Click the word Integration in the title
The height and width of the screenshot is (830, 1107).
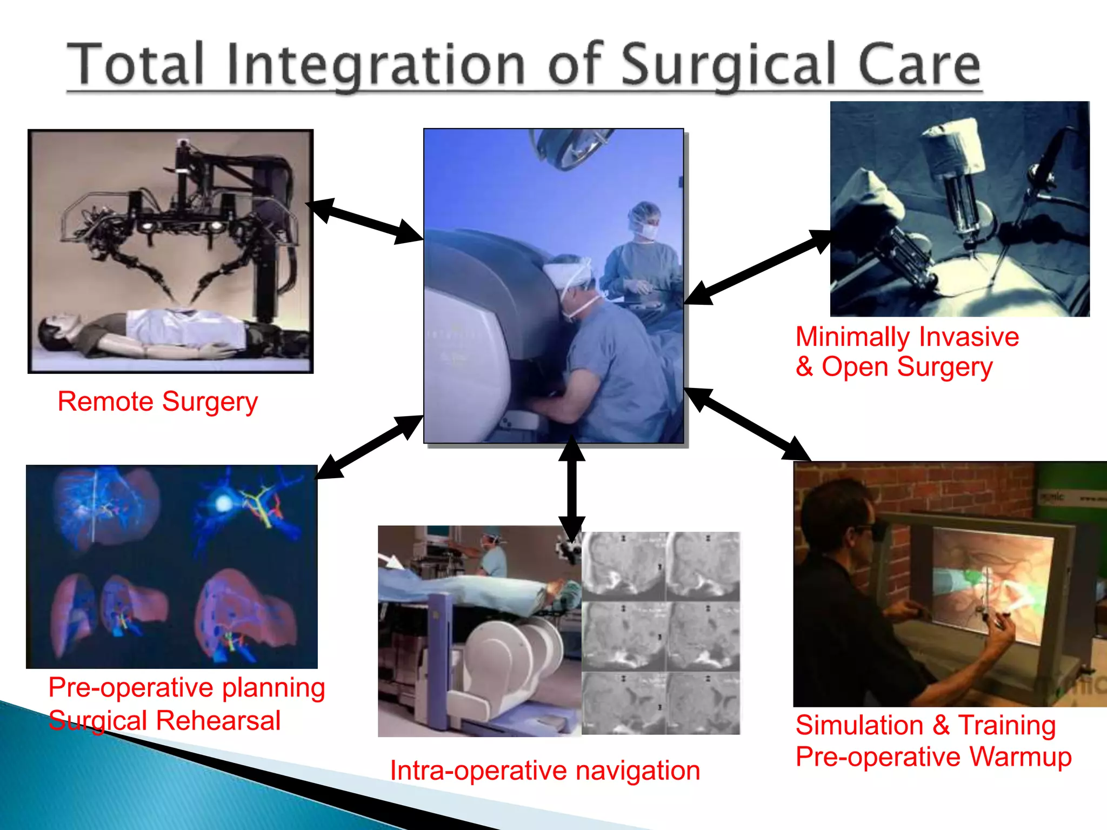coord(376,66)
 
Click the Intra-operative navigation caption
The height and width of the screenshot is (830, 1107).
coord(545,770)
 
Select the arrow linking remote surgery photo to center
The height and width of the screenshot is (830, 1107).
coord(364,221)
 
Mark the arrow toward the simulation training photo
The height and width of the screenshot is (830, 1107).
coord(748,424)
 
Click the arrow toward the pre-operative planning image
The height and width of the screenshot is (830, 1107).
coord(370,447)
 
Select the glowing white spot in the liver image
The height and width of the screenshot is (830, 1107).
coord(223,504)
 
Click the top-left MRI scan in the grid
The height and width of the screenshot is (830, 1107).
coord(623,566)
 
